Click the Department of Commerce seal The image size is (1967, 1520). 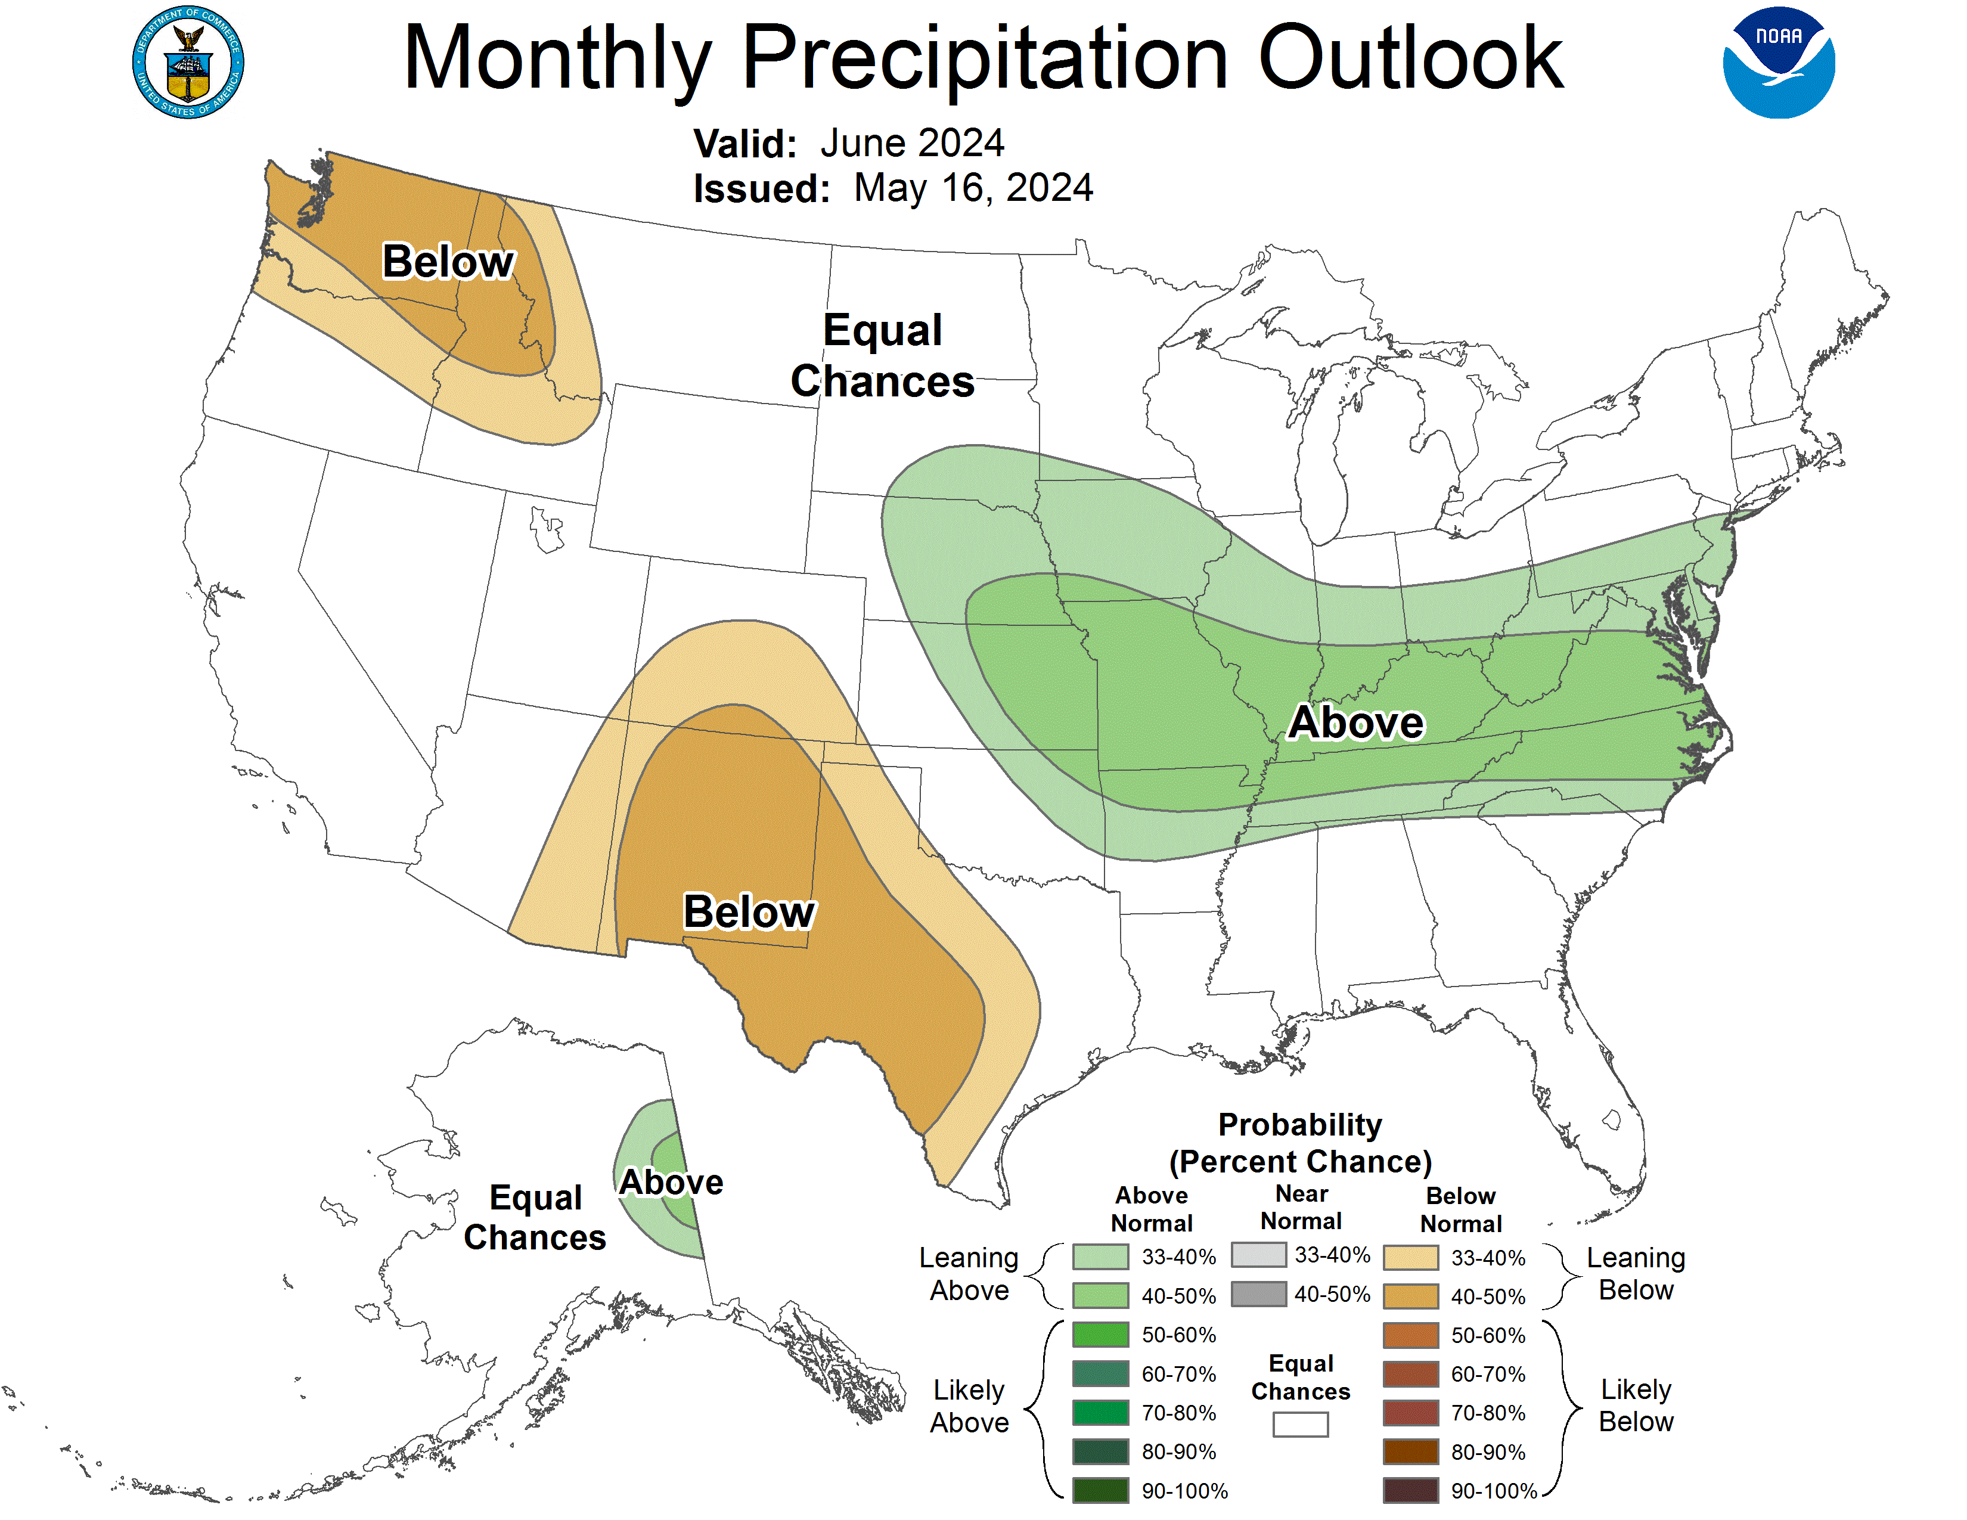187,62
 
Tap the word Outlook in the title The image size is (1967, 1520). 1410,58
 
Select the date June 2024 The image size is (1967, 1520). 911,143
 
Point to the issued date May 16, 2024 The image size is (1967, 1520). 973,188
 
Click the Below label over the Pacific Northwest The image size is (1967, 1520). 448,262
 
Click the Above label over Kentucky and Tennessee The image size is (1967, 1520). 1355,722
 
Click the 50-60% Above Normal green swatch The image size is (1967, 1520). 1100,1333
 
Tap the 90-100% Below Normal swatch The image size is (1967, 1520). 1410,1490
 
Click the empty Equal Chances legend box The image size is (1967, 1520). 1299,1423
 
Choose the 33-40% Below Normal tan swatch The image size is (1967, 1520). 1410,1257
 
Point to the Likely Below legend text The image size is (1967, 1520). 1634,1405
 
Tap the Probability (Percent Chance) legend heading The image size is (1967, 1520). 1299,1143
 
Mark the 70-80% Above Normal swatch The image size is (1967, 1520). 1100,1412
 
